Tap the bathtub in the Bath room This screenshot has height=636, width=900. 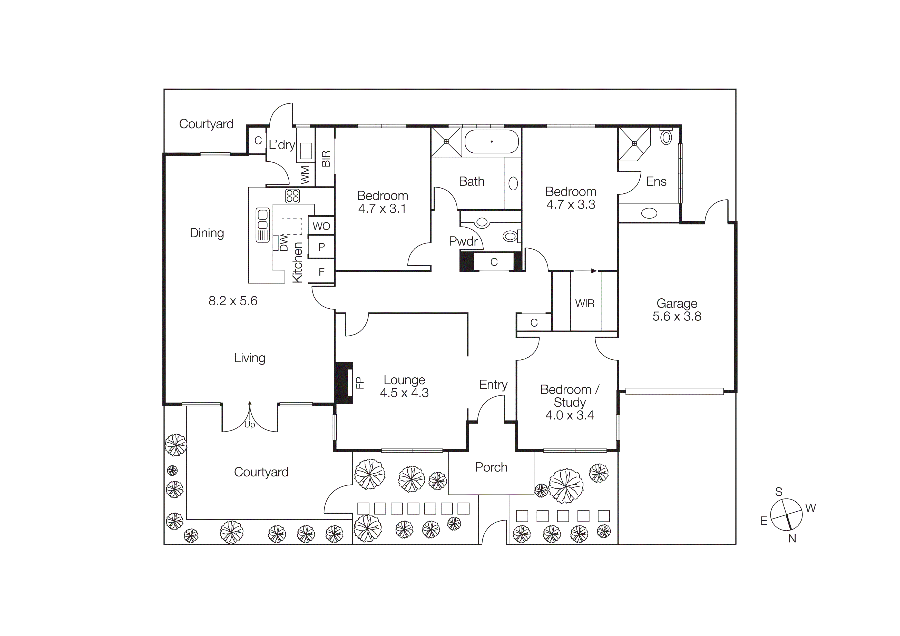click(x=492, y=141)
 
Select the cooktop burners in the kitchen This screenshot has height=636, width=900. click(x=292, y=196)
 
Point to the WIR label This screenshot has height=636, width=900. click(x=584, y=303)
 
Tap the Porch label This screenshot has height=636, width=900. click(x=491, y=467)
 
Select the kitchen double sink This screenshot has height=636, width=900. click(x=262, y=225)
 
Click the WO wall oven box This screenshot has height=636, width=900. click(x=321, y=226)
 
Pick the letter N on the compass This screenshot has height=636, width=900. click(x=792, y=539)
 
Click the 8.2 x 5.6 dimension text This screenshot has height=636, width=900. click(x=233, y=301)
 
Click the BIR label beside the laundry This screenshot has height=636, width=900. click(x=326, y=159)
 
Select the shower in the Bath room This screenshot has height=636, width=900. click(x=446, y=142)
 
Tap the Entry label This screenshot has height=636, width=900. click(x=493, y=385)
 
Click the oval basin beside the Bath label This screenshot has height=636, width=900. click(x=513, y=183)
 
